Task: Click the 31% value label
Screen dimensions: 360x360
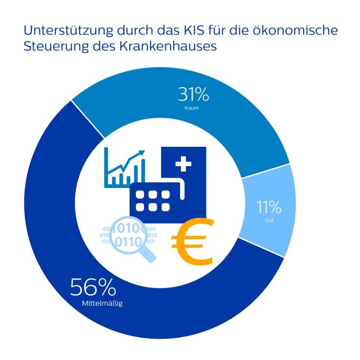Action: point(193,95)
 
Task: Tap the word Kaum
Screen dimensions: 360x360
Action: point(192,108)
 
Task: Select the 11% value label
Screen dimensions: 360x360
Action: point(269,207)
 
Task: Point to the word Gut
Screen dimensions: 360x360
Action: point(270,220)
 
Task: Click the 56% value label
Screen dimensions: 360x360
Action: point(93,287)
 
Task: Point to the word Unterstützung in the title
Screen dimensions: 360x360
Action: point(69,31)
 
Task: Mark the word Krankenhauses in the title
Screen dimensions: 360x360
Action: point(173,47)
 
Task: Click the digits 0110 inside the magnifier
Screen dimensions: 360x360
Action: point(128,242)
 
